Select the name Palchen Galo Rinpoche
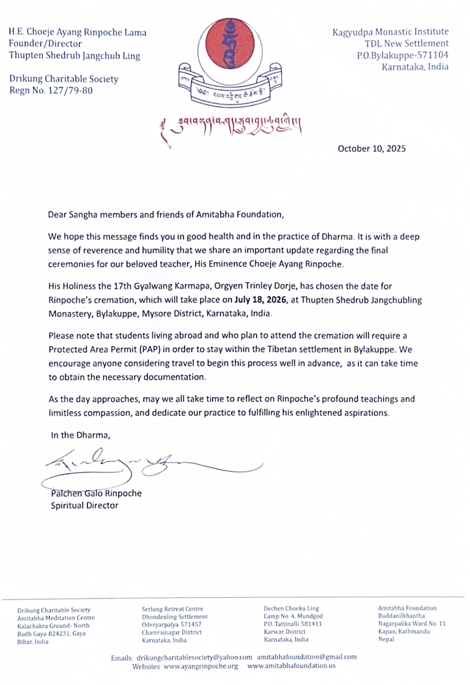tap(96, 493)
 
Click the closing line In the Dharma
tap(80, 435)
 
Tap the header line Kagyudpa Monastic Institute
tap(390, 32)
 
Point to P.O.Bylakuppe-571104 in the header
tap(402, 55)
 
